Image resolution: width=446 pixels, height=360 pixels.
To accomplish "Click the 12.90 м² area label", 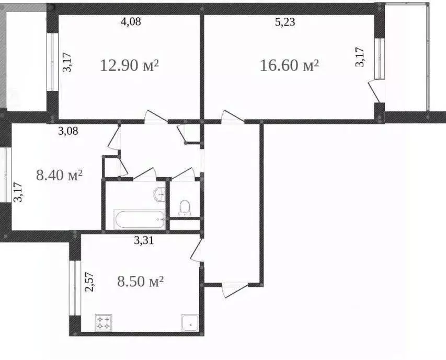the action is tap(129, 66).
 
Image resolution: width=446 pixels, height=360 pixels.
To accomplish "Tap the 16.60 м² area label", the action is tap(289, 66).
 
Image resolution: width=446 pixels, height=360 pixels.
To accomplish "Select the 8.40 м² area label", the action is tap(60, 175).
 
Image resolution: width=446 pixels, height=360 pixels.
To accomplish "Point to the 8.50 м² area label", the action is tap(141, 282).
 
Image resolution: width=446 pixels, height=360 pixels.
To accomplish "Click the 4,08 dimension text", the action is tap(131, 21).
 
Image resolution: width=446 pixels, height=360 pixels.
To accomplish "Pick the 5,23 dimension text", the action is tap(285, 22).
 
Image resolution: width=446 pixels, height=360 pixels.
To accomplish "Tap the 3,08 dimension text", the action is tap(68, 131).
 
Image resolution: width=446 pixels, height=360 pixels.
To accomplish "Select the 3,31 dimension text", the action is tap(144, 241).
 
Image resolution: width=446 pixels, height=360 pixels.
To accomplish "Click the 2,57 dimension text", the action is tap(89, 282).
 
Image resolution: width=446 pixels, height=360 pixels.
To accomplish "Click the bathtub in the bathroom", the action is tap(139, 219).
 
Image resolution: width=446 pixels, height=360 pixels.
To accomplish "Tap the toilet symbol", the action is tap(185, 208).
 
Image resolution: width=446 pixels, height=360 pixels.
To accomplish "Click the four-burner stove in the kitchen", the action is tap(104, 322).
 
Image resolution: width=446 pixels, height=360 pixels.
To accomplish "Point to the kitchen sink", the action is tap(190, 322).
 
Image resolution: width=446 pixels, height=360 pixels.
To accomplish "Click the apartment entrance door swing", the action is tap(234, 290).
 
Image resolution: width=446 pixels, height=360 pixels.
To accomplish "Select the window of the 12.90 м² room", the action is tap(52, 62).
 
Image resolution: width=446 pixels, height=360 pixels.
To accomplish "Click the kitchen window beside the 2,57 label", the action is tap(75, 288).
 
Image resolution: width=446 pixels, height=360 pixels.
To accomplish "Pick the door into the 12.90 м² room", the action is tap(156, 117).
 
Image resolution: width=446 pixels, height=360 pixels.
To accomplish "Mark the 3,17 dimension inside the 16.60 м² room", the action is tap(360, 57).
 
